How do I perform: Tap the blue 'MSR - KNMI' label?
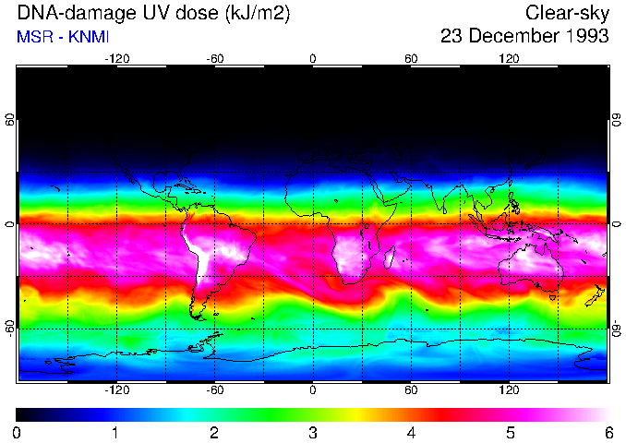[x=62, y=37]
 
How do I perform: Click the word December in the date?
[x=508, y=37]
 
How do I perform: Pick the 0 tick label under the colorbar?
[x=18, y=432]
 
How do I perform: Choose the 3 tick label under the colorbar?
[x=313, y=432]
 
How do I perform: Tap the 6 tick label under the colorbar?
[x=608, y=432]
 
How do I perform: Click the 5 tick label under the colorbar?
[x=510, y=432]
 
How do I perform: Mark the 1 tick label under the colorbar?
[x=115, y=432]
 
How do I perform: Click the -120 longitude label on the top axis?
[x=116, y=58]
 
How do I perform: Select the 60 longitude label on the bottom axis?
[x=411, y=389]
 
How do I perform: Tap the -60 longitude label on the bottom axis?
[x=215, y=389]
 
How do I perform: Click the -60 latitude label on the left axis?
[x=10, y=328]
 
